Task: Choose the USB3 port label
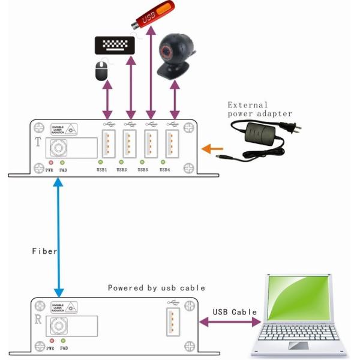[142, 170]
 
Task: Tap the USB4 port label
[164, 170]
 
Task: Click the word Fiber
[44, 251]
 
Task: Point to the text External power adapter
[259, 109]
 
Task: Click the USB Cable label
[235, 312]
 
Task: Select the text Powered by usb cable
[156, 288]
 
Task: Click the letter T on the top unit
[38, 143]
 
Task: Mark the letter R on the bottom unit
[38, 320]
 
